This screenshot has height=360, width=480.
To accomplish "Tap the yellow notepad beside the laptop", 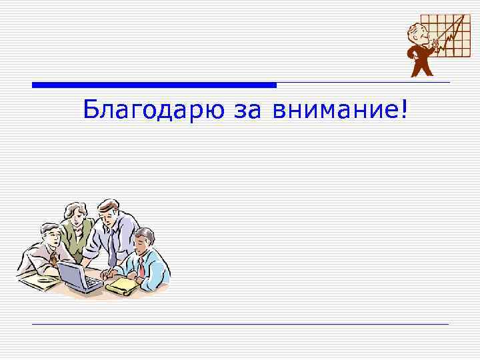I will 122,285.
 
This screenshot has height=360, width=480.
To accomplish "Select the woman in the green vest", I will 77,230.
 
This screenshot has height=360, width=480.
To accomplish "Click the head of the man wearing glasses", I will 49,235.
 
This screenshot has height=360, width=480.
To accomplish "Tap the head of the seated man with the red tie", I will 143,240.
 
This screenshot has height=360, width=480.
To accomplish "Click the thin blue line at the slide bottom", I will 240,324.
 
